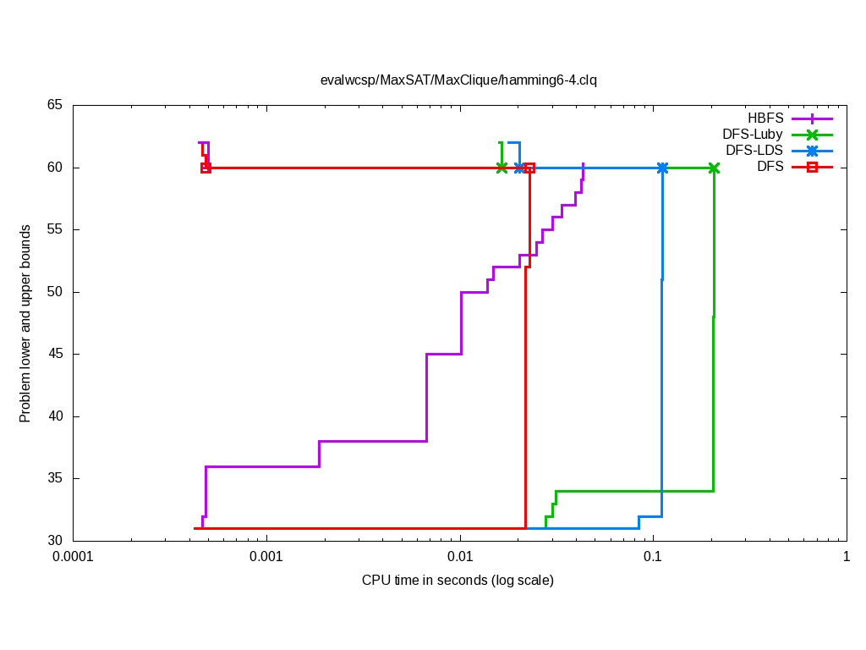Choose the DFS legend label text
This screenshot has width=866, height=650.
(x=770, y=167)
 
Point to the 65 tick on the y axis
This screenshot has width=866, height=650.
(x=55, y=105)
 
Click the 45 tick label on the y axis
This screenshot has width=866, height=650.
(x=55, y=354)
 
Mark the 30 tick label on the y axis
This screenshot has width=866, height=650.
(x=55, y=541)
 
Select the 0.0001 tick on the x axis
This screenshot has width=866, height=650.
(x=73, y=557)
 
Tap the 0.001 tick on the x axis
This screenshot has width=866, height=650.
(x=266, y=557)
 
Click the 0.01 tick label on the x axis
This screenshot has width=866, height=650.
(x=460, y=557)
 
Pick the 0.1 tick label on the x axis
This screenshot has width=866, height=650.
(x=653, y=557)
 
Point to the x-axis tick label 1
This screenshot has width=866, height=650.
(x=846, y=557)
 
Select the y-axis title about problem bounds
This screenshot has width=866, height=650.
(x=25, y=323)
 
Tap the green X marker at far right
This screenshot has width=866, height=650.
(x=714, y=168)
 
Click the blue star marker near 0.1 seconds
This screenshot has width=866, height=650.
(x=662, y=168)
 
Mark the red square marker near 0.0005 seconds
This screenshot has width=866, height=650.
(x=206, y=168)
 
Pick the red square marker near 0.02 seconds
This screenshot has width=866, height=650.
(x=529, y=168)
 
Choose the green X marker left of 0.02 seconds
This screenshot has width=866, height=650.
(x=502, y=168)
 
